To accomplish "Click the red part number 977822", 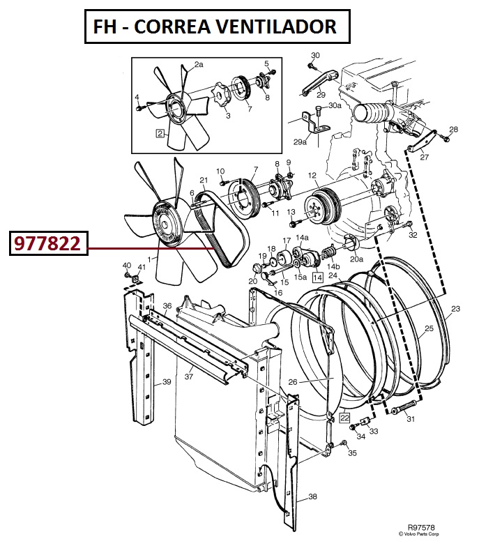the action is coord(47,243).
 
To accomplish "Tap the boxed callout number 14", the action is coord(317,277).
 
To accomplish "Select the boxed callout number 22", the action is coord(344,418).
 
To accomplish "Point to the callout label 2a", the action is coord(199,64).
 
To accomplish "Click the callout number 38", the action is coord(312,496).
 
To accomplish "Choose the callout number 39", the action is coord(167,381).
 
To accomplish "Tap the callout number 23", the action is coord(455,309).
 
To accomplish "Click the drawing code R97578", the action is coord(421,527).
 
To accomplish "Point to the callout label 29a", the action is coord(300,142).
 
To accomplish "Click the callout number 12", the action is coord(312,176).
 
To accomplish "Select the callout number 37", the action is coord(189,376).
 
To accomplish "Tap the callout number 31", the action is coord(411,419).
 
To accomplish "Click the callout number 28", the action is coord(453,129).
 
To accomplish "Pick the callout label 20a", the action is coord(356,259).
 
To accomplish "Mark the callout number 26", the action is coord(293,382).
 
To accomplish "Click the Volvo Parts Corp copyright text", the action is coord(418,533).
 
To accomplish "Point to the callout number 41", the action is coord(142,267).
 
